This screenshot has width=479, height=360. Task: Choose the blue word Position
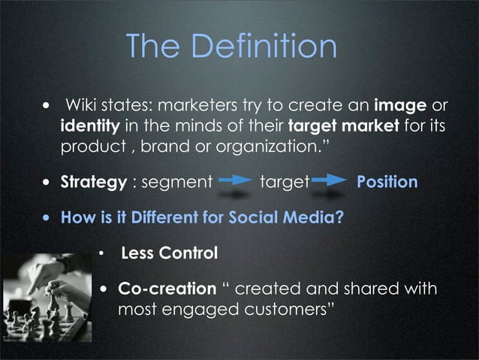387,182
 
